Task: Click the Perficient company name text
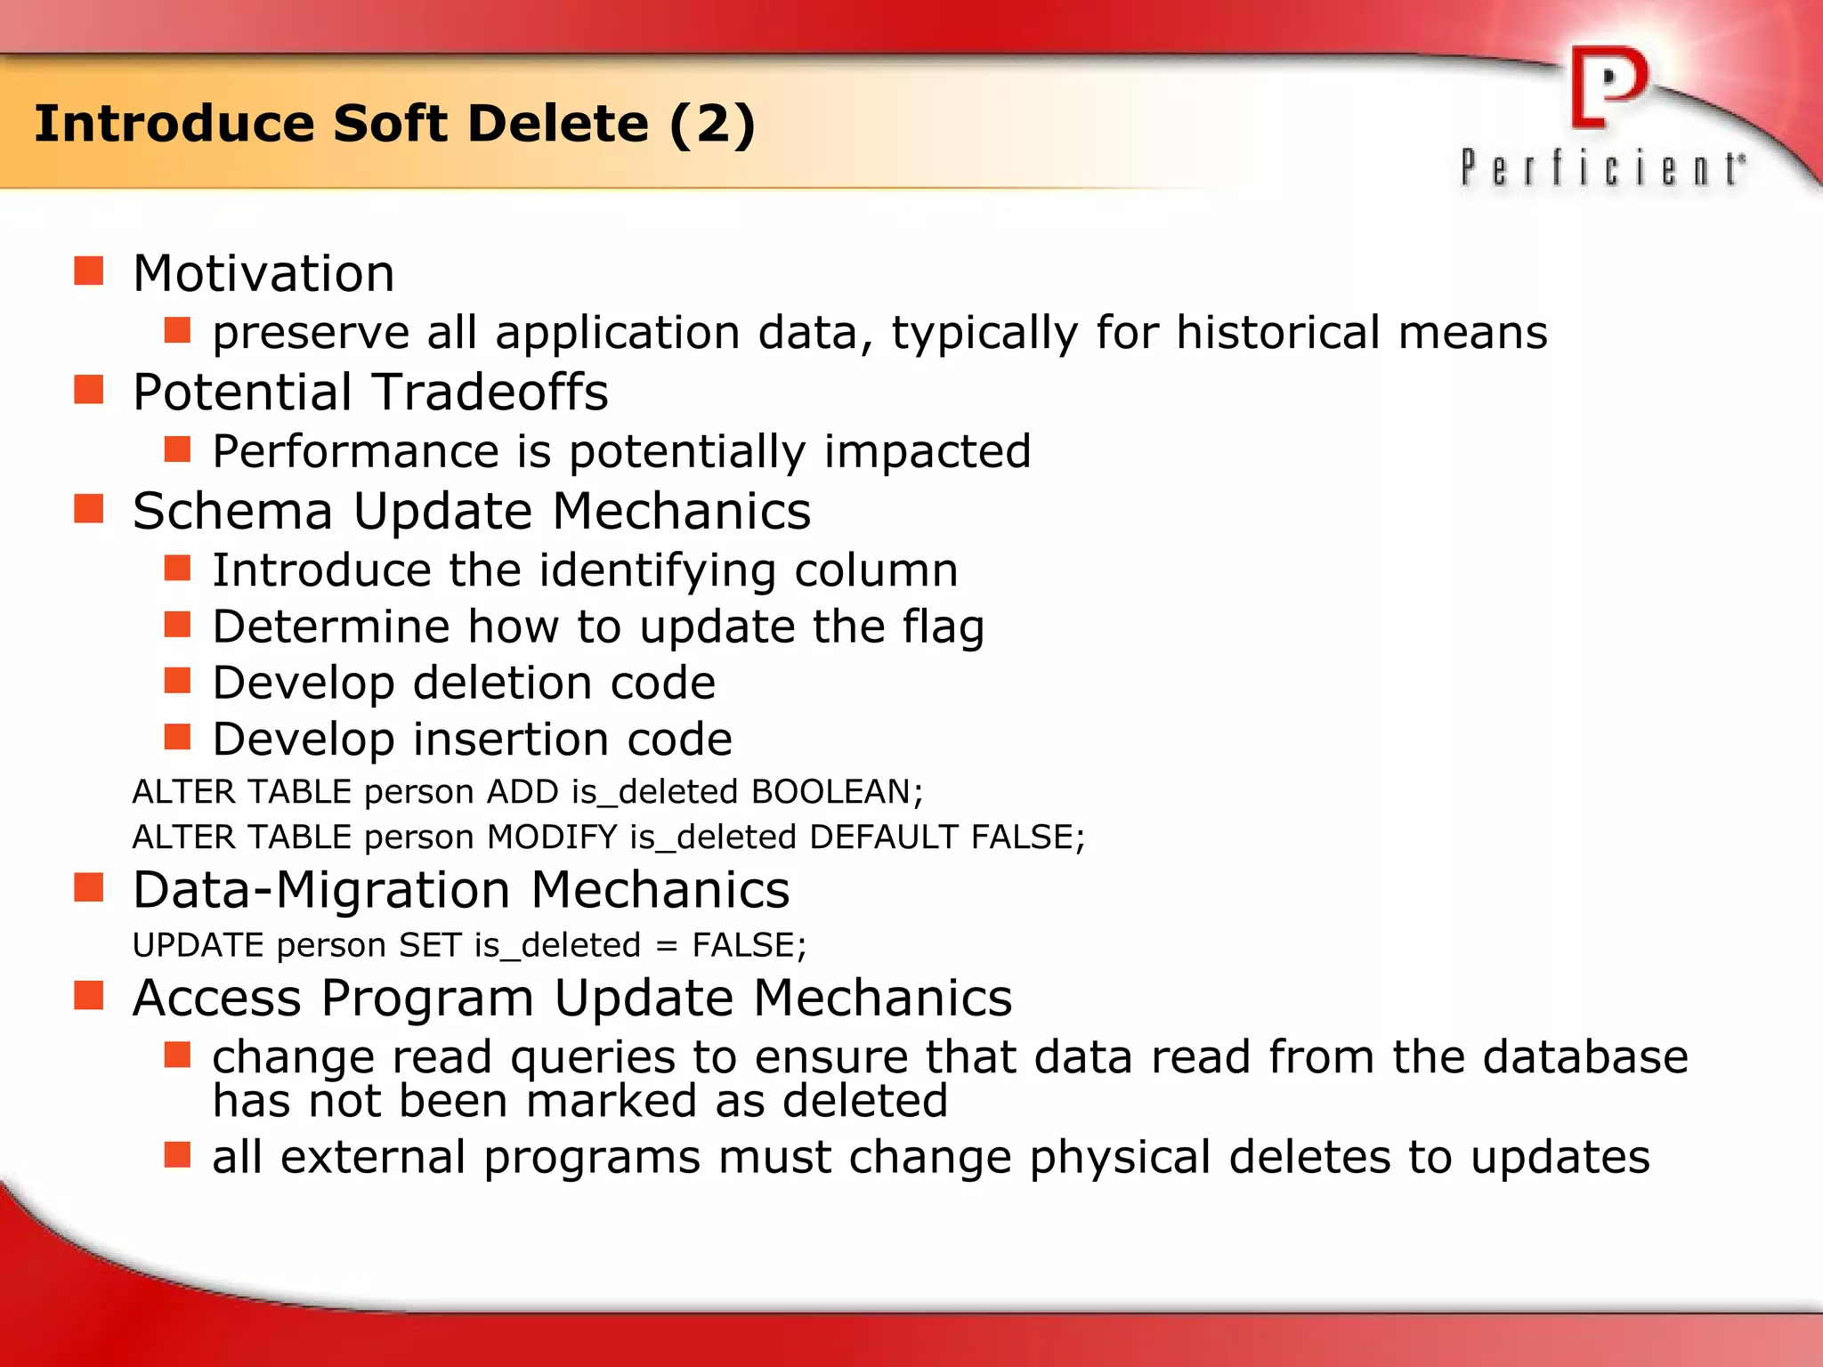(x=1602, y=168)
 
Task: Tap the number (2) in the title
(x=712, y=124)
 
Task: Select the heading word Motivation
(x=263, y=273)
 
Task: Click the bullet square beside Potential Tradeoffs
(x=89, y=390)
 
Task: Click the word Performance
(x=355, y=451)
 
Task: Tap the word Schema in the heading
(x=232, y=512)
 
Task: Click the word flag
(x=943, y=627)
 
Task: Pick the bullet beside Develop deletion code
(x=178, y=681)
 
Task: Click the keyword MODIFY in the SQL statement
(x=552, y=837)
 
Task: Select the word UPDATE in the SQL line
(x=198, y=945)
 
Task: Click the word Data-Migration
(x=321, y=890)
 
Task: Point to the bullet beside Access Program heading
(x=89, y=996)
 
